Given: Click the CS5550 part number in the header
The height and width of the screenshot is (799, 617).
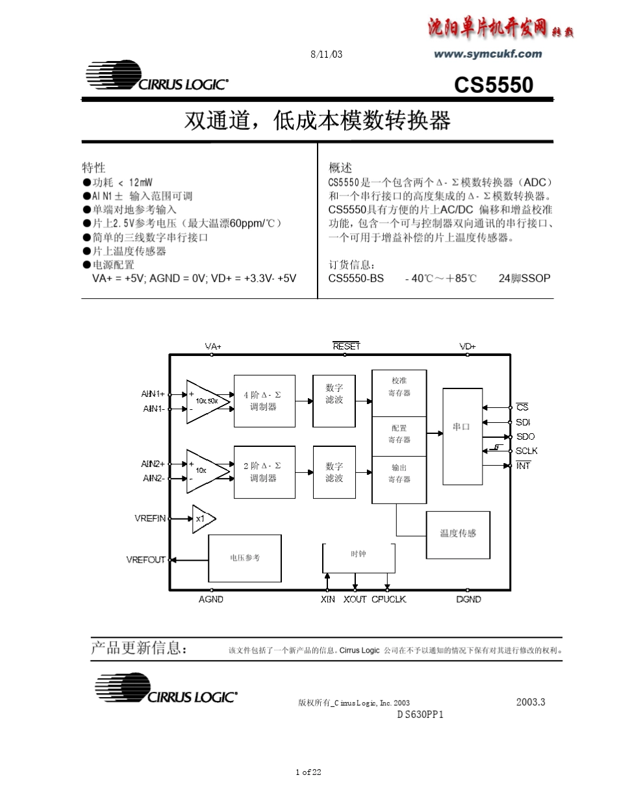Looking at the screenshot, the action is (494, 85).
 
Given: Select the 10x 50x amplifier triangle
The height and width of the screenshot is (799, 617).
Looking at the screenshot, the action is (207, 401).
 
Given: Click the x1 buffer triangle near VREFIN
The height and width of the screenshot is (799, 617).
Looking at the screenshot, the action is (203, 518).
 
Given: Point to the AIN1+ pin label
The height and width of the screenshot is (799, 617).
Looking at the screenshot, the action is (153, 394).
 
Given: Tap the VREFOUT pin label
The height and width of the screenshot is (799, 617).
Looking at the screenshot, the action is (146, 559).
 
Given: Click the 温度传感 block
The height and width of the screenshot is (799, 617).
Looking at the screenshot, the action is (458, 534).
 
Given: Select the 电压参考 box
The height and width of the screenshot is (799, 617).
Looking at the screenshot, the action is (245, 558).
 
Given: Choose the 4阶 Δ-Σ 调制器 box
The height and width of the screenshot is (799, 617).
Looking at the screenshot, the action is (264, 401).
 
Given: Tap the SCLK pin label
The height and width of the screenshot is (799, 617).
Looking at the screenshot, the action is (527, 451).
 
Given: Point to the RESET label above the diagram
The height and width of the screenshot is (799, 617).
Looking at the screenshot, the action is (346, 346).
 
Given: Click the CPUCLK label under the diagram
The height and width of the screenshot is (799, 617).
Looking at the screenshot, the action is (389, 600).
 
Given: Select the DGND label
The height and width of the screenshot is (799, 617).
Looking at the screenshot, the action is (469, 600).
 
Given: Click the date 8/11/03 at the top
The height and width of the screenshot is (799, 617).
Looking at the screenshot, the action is (327, 55).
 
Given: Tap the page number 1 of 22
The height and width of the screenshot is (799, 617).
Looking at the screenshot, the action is (308, 772).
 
